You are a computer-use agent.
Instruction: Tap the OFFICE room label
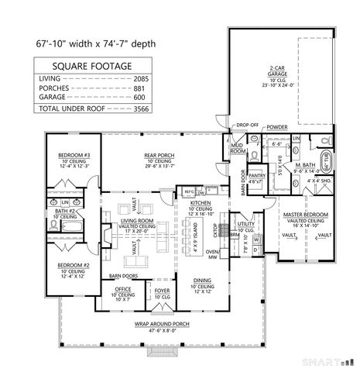tap(124, 290)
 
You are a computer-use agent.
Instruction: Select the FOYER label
tap(162, 290)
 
